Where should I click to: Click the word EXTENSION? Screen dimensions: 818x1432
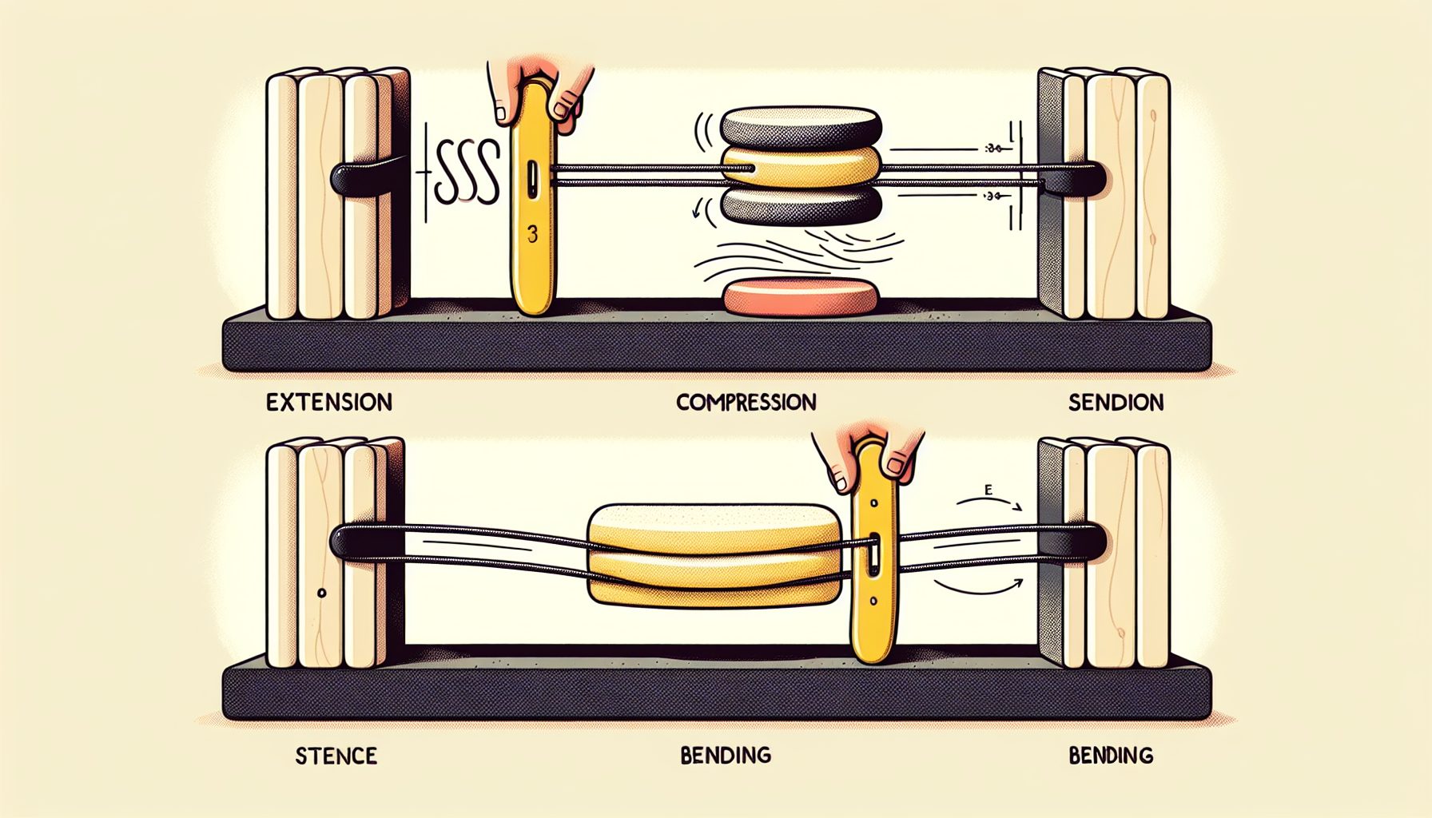pos(329,402)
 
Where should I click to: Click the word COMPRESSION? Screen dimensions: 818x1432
pos(746,402)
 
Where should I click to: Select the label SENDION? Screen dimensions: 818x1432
pos(1116,402)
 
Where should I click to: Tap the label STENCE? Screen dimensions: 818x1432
pos(336,755)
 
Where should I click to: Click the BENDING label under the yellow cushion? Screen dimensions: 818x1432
pos(726,754)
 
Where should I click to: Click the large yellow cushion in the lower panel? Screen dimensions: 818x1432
pos(714,551)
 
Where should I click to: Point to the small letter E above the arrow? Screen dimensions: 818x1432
pos(988,490)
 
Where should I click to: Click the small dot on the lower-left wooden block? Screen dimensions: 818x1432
pos(321,594)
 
